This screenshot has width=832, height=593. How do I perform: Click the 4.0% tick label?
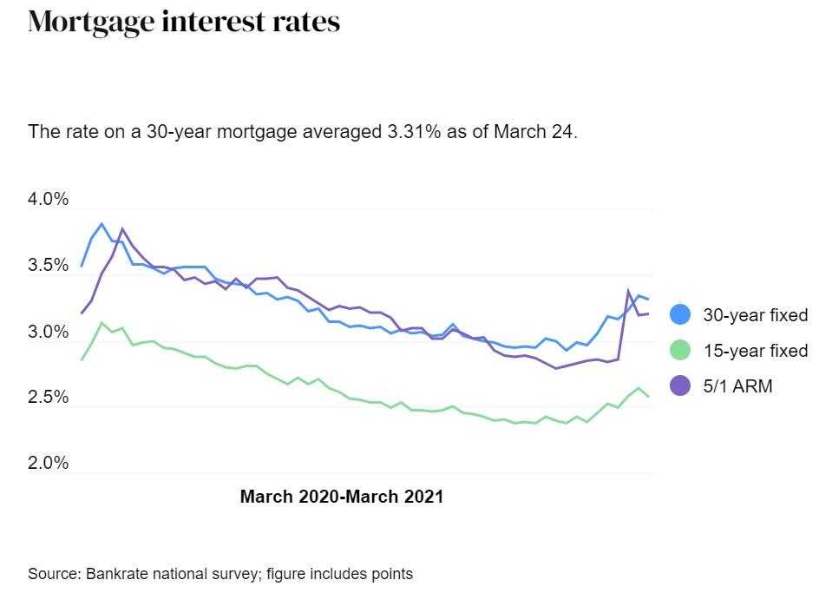[48, 199]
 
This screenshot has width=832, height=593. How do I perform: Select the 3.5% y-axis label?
[48, 265]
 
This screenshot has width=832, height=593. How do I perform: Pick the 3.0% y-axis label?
[48, 332]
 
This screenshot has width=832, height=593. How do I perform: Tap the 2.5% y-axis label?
[48, 397]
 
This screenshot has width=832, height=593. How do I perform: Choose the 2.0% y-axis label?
[48, 463]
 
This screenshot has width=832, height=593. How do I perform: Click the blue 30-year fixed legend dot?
[681, 314]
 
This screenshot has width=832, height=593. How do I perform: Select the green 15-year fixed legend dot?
[681, 350]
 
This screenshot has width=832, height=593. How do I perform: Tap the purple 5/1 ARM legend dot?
[681, 385]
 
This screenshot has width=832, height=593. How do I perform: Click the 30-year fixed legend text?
[755, 315]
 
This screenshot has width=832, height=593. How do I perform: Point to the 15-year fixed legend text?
[755, 351]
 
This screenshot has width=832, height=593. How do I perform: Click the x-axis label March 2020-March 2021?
[341, 497]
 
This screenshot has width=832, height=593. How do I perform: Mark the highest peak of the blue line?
[102, 224]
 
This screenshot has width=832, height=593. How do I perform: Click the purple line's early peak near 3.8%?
[122, 229]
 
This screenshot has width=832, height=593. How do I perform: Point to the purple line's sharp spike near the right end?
[628, 292]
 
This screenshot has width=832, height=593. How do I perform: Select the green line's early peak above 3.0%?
[102, 323]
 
